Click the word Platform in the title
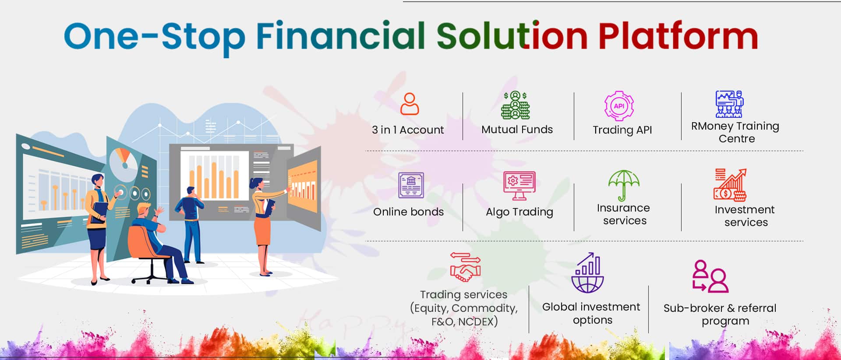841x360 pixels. (x=678, y=36)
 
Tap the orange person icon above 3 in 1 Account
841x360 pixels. (x=410, y=104)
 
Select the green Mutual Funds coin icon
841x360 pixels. (x=516, y=105)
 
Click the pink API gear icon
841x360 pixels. (x=619, y=106)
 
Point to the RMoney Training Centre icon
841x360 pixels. (x=729, y=104)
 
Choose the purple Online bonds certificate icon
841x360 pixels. (x=411, y=185)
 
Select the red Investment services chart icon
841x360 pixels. (x=730, y=185)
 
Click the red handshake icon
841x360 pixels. (x=465, y=267)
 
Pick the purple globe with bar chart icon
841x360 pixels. (x=587, y=272)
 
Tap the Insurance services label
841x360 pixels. (x=624, y=214)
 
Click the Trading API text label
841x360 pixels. (x=622, y=130)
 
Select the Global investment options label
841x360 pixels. (x=591, y=313)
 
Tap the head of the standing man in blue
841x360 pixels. (x=191, y=191)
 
